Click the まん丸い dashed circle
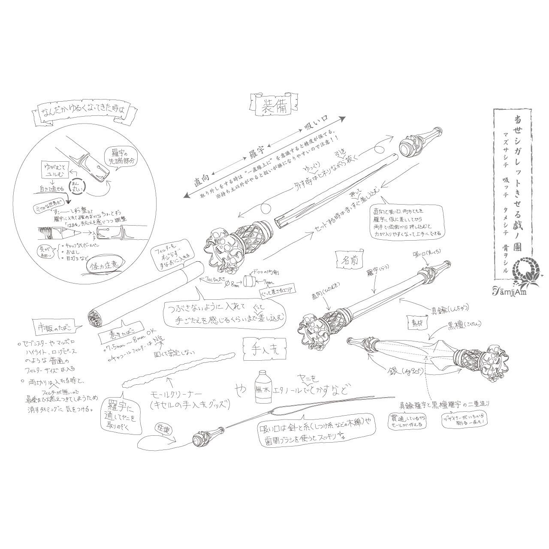pyautogui.click(x=79, y=187)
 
